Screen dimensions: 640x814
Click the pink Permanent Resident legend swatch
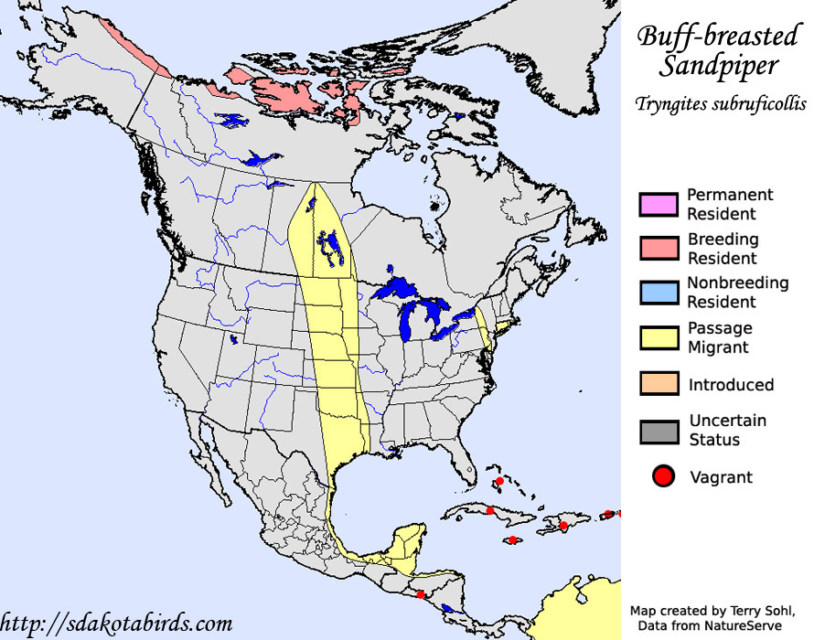coord(659,204)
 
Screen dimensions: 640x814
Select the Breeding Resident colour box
coord(659,249)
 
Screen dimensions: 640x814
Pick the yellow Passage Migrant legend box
coord(659,337)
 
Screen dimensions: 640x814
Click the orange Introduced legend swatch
coord(659,384)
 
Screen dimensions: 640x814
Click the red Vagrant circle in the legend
coord(663,476)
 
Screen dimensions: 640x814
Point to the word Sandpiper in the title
coord(722,67)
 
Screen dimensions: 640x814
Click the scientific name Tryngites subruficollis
coord(721,104)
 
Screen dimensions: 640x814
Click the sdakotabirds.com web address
coord(117,624)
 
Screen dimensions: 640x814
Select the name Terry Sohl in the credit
coord(769,610)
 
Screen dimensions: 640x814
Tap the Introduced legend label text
coord(731,385)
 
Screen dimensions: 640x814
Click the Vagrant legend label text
coord(721,477)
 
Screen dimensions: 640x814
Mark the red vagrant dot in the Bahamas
coord(500,482)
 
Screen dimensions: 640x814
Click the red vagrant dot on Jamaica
coord(513,540)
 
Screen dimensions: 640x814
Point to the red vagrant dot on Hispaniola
coord(563,525)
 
